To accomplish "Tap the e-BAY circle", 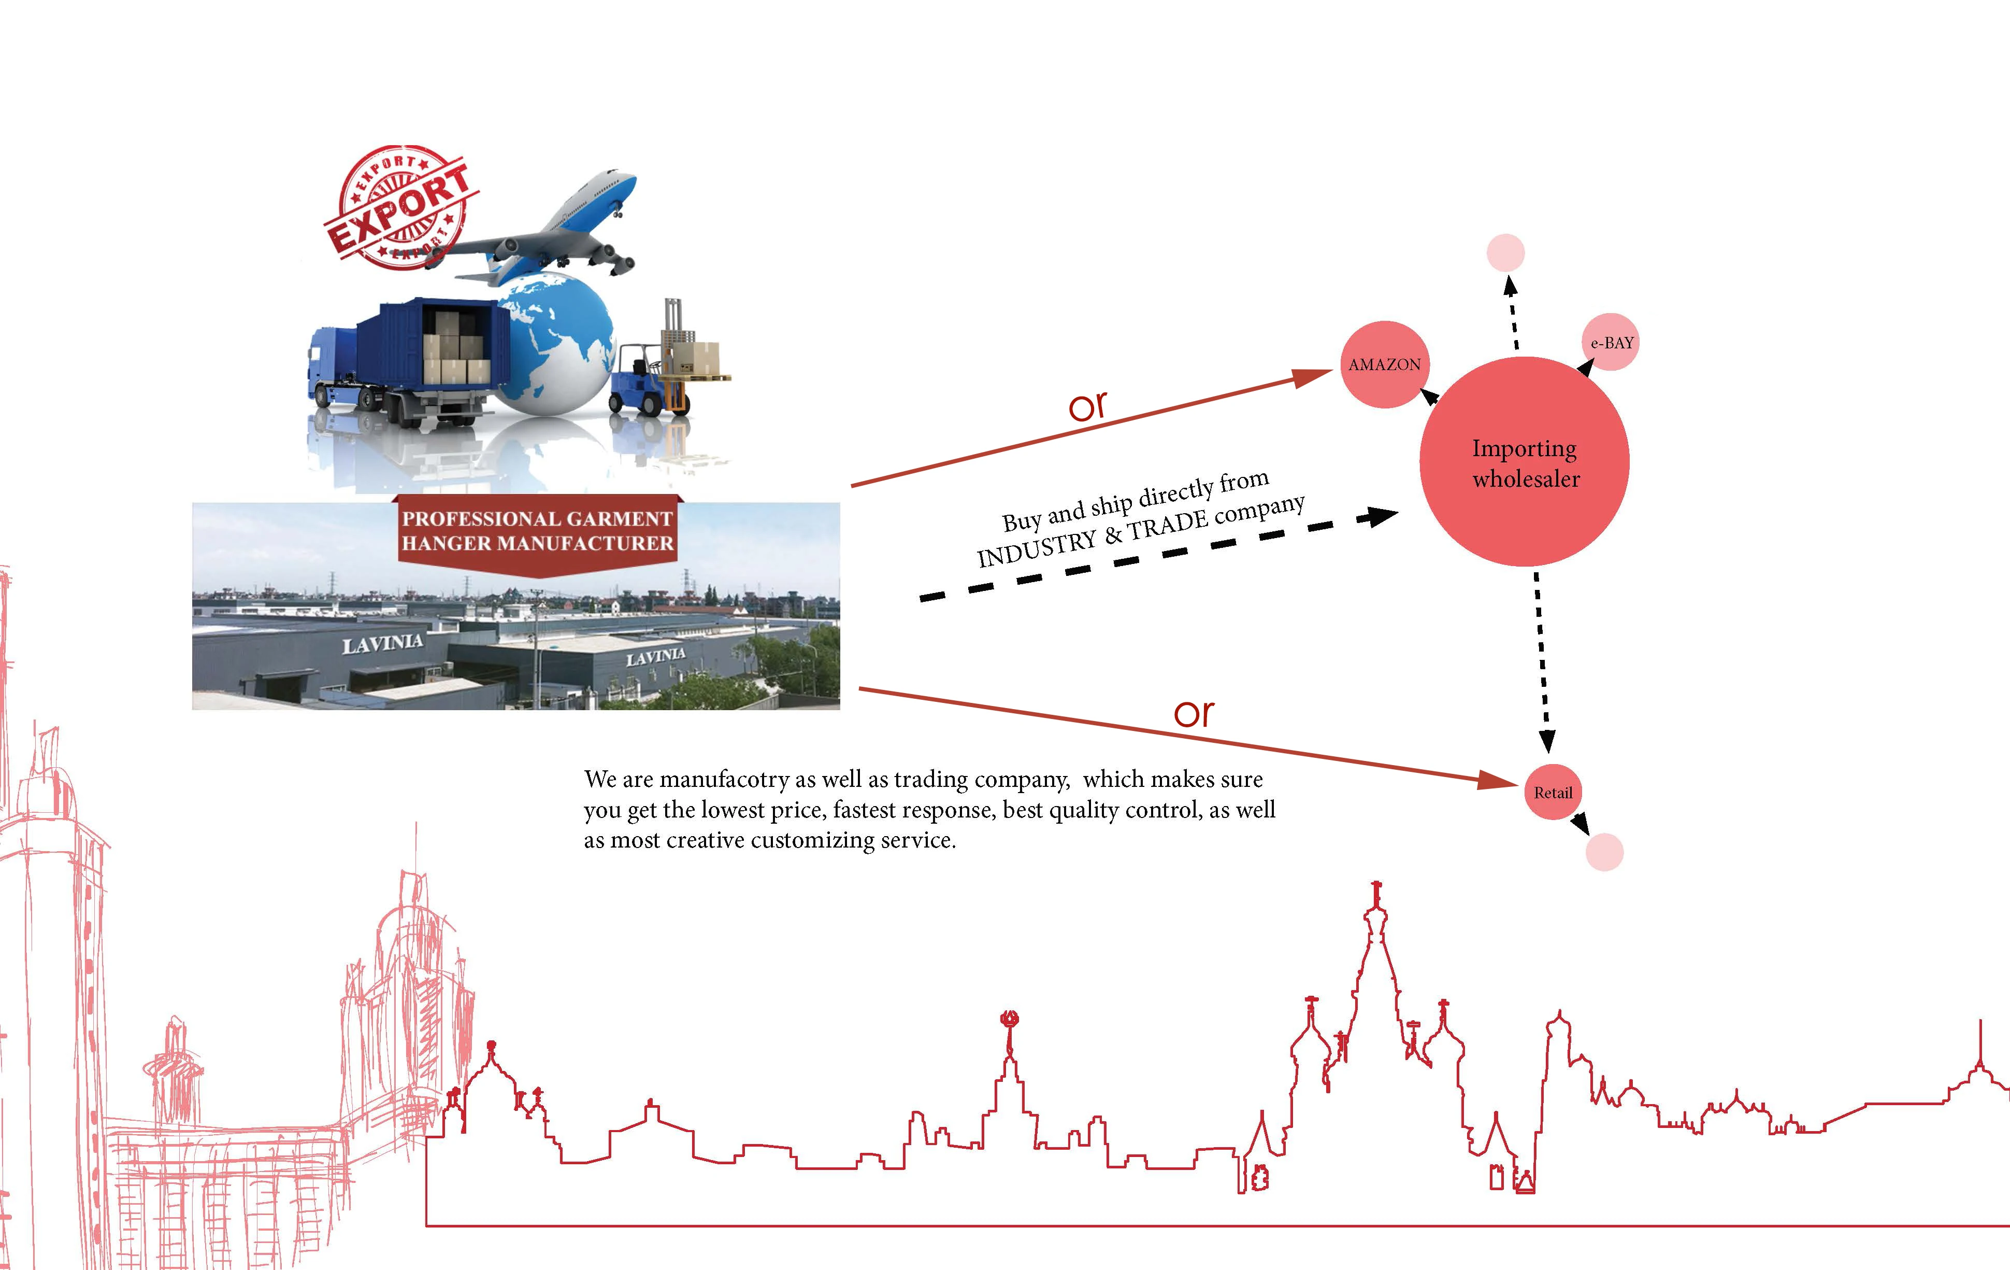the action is (x=1610, y=342).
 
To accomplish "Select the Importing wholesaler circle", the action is (x=1524, y=462).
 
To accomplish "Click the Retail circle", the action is (x=1553, y=793).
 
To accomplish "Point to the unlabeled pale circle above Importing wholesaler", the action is (x=1506, y=252).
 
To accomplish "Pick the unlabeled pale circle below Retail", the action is (x=1604, y=853).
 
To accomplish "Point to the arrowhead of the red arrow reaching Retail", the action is (x=1498, y=782).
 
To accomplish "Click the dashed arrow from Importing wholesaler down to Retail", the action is (x=1542, y=660).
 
